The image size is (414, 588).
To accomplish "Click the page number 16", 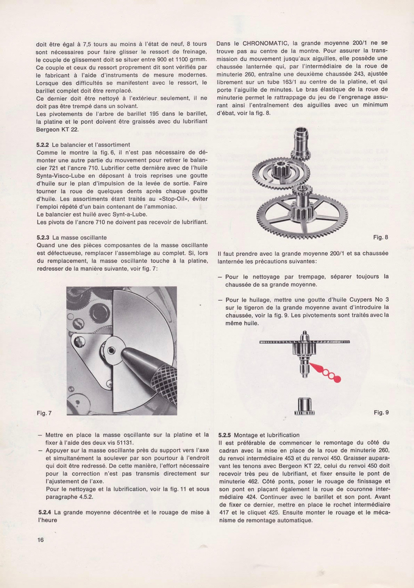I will tap(40, 540).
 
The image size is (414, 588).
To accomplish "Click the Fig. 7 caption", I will tap(44, 413).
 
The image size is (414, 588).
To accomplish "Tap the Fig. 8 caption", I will tap(380, 237).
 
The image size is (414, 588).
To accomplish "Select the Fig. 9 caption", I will tap(381, 412).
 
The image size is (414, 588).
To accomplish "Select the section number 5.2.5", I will tap(224, 435).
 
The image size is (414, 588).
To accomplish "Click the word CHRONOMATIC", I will tap(265, 43).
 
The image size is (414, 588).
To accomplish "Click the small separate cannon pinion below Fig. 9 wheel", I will tap(304, 406).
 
